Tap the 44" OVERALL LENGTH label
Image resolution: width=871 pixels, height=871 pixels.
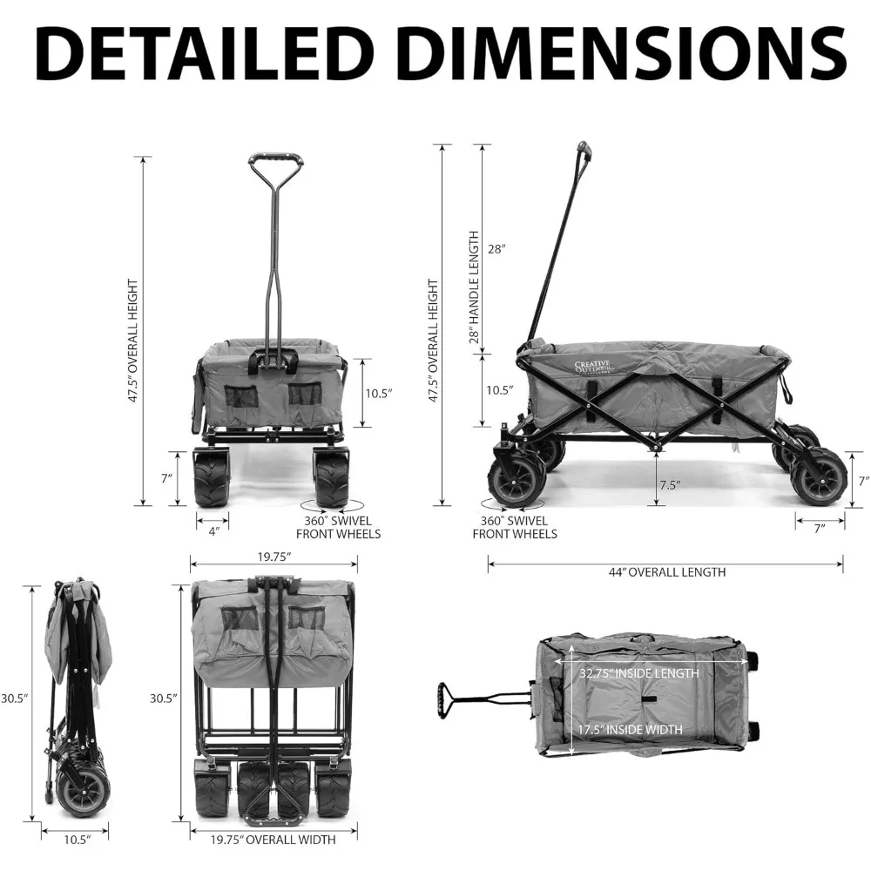click(666, 572)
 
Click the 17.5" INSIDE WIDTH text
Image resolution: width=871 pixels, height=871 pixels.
click(631, 730)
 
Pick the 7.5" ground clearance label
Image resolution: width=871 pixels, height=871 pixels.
click(669, 484)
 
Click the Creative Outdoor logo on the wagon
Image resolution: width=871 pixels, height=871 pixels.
click(593, 368)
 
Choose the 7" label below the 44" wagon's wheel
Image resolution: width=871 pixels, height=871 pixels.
click(819, 528)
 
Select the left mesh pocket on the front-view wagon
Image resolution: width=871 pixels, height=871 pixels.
click(241, 396)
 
